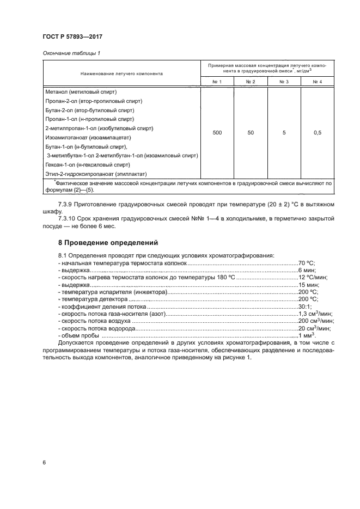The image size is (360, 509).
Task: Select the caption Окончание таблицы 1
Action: point(70,53)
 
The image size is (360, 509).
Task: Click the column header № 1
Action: point(216,82)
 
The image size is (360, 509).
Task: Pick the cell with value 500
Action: point(217,132)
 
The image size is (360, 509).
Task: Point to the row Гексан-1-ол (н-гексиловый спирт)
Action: point(88,164)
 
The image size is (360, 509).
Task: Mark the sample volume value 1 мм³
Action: point(306,336)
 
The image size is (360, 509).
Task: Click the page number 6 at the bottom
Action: point(44,463)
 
